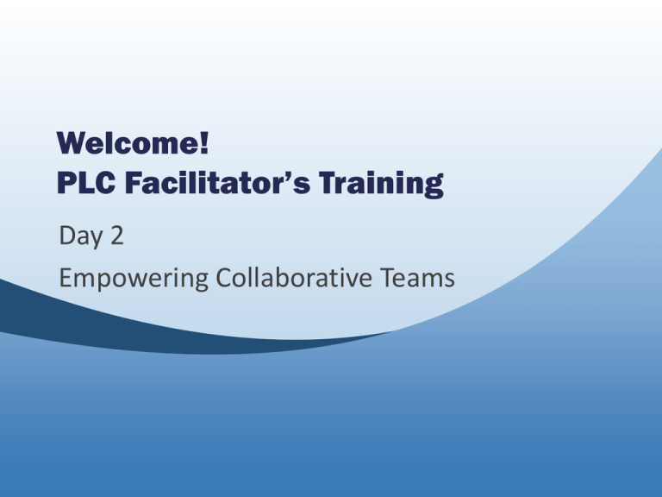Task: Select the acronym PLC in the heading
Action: (x=85, y=183)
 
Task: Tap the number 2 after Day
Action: (x=117, y=235)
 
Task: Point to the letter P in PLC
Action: (x=66, y=183)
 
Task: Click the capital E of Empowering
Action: (x=65, y=277)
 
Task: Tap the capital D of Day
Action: (x=67, y=235)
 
